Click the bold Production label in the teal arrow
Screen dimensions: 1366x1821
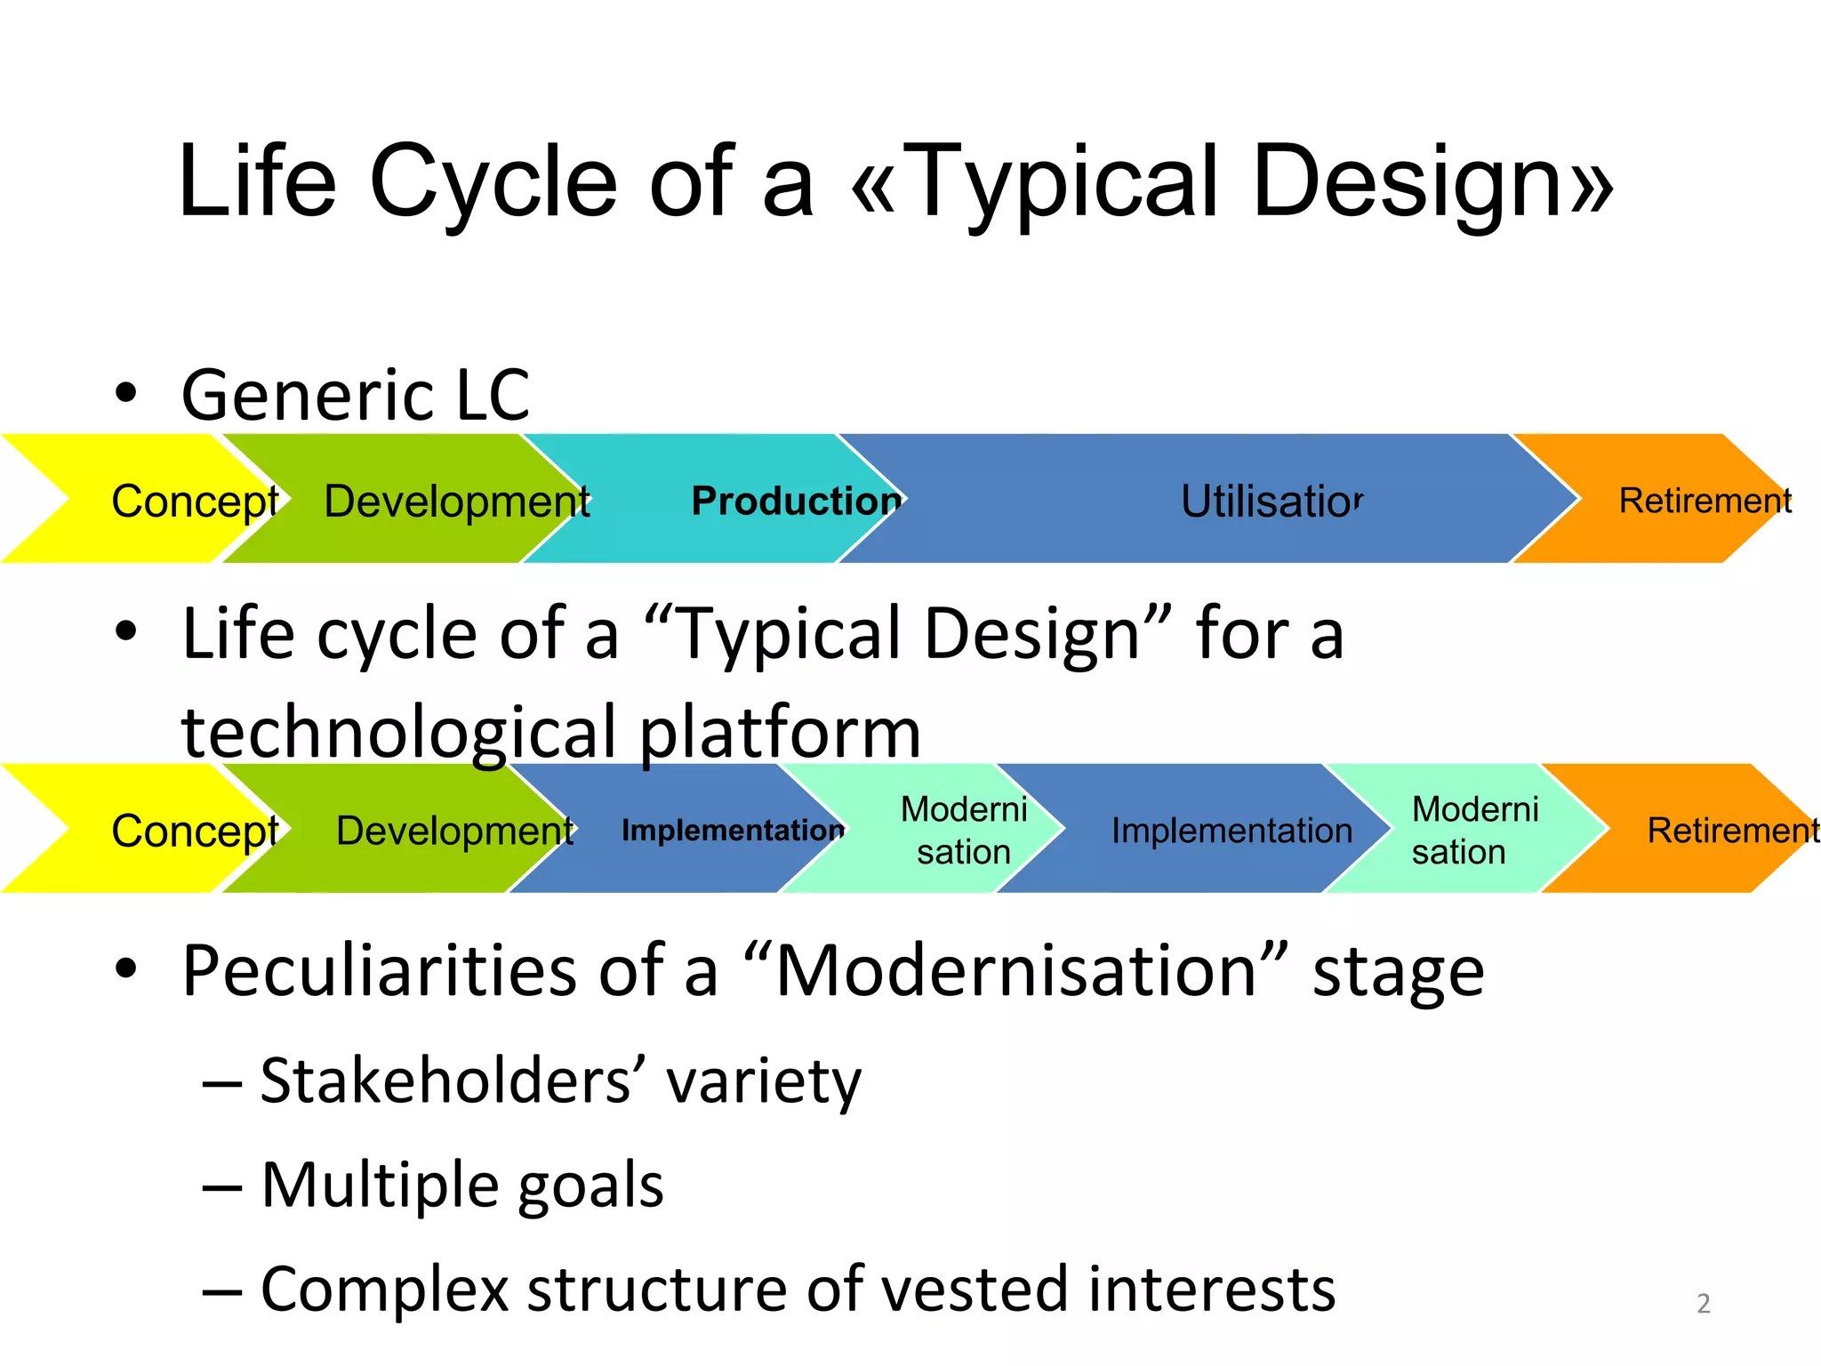point(796,501)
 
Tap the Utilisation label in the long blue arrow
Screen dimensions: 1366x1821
point(1271,501)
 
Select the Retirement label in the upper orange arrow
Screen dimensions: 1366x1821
point(1705,501)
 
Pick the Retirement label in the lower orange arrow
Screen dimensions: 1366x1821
point(1732,831)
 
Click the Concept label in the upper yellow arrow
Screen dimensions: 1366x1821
point(195,502)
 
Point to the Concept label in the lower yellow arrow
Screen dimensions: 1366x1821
point(195,832)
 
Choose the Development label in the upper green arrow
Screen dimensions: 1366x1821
point(457,502)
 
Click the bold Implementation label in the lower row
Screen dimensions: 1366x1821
point(732,831)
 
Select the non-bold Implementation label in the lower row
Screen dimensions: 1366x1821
point(1231,832)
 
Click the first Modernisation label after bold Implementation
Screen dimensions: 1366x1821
point(964,831)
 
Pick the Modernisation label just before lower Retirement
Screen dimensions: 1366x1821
point(1474,831)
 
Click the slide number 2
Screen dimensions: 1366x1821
point(1703,1304)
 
